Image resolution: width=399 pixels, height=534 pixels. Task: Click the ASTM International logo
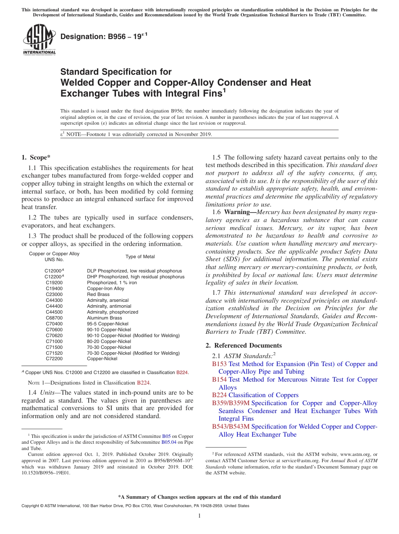[39, 39]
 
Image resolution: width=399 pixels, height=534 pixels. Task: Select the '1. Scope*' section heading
[36, 157]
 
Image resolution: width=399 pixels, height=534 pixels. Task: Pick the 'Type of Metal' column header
[140, 257]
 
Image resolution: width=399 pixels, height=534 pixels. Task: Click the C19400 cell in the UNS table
[54, 289]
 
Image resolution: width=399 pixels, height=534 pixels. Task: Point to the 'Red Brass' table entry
[98, 295]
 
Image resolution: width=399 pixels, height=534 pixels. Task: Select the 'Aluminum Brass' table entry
[105, 318]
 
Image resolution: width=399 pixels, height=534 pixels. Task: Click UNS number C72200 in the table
[54, 359]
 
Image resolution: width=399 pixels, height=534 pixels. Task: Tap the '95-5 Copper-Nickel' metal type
[108, 324]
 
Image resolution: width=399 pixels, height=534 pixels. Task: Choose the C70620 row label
[54, 336]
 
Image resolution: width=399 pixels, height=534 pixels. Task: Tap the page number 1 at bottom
[199, 516]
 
